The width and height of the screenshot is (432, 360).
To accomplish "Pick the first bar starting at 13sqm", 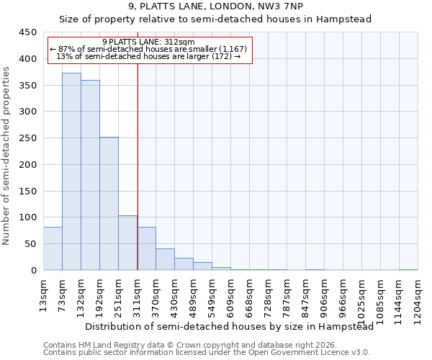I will [x=53, y=248].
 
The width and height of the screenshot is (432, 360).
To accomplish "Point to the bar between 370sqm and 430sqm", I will [x=165, y=259].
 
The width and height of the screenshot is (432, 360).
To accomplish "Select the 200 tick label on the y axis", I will [x=27, y=165].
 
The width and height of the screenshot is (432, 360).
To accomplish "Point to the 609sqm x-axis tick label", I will [x=230, y=294].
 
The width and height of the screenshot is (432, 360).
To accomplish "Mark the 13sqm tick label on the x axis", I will [x=43, y=291].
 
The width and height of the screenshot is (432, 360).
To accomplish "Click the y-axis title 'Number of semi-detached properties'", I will [x=6, y=156].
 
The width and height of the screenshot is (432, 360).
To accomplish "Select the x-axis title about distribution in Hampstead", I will [x=229, y=327].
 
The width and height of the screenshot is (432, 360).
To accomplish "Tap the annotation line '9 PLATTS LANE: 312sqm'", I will [x=148, y=42].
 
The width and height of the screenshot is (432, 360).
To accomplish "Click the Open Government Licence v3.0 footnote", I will [x=206, y=353].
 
